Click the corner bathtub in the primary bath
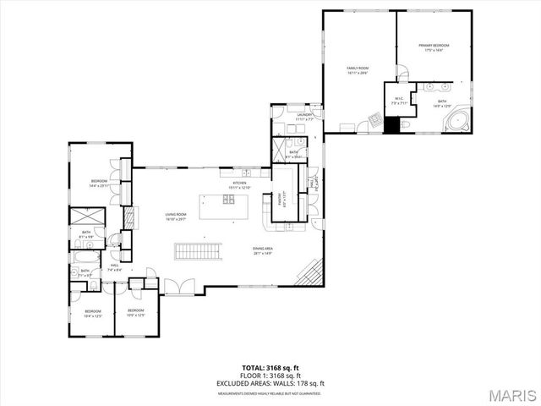click(457, 121)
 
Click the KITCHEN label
click(239, 185)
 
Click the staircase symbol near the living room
click(198, 250)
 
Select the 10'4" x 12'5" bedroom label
click(91, 313)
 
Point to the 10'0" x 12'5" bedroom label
click(135, 313)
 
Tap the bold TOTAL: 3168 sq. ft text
click(270, 367)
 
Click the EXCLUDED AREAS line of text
click(270, 383)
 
